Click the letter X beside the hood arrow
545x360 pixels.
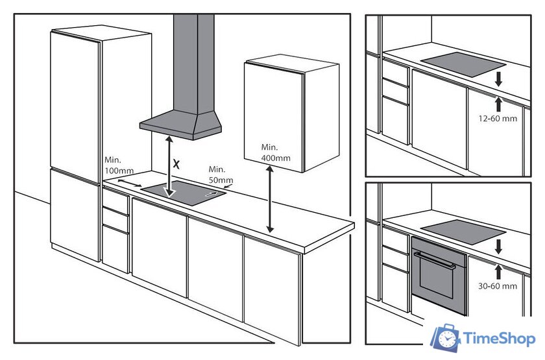[x=176, y=164]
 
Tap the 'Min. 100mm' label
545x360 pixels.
[x=119, y=165]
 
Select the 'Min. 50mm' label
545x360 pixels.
[x=221, y=174]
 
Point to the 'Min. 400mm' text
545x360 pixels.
[x=276, y=152]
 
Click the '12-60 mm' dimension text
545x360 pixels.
[x=498, y=119]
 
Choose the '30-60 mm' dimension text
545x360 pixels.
[x=498, y=286]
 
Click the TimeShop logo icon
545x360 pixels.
[x=446, y=337]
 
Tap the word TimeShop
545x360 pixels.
[x=499, y=339]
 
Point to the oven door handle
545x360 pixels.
[x=435, y=260]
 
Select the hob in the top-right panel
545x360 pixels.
[x=463, y=65]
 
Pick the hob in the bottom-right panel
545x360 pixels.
[x=463, y=232]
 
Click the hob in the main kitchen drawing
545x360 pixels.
[x=184, y=193]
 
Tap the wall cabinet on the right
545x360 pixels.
[x=291, y=115]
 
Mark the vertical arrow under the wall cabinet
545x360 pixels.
[x=270, y=199]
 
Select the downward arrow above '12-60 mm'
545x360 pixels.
[x=499, y=79]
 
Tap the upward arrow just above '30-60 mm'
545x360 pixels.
[x=499, y=272]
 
